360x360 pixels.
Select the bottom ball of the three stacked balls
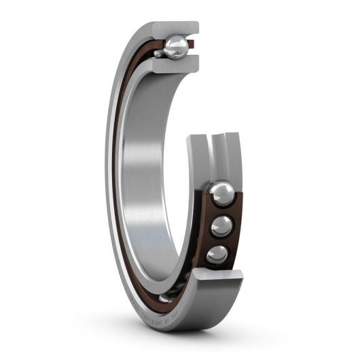pos(219,253)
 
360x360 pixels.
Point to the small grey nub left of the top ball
pos(158,53)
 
